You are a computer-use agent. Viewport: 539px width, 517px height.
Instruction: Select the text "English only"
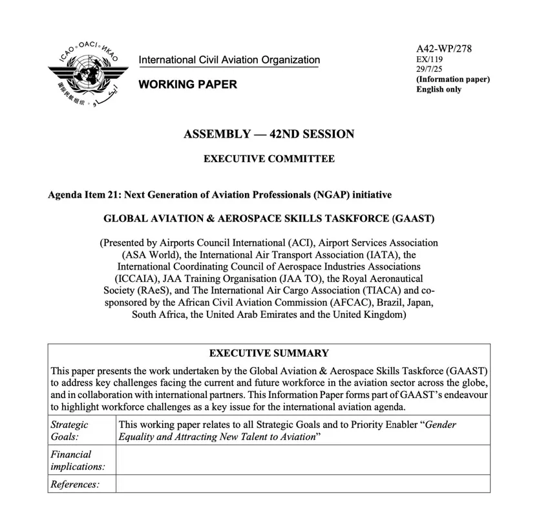[x=439, y=89]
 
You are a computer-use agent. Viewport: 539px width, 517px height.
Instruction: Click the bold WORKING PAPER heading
[x=188, y=85]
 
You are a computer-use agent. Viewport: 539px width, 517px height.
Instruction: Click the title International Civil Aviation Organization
[x=229, y=60]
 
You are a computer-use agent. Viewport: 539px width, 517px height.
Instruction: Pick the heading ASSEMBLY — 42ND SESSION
[x=269, y=134]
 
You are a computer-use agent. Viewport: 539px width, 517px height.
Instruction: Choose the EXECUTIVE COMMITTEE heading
[x=269, y=159]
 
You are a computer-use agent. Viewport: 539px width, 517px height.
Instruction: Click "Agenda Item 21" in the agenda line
[x=84, y=195]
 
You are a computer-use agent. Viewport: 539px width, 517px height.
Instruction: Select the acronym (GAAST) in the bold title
[x=413, y=218]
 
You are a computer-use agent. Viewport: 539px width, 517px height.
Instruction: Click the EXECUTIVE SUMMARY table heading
[x=269, y=353]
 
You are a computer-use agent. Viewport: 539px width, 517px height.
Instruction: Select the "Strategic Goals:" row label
[x=69, y=430]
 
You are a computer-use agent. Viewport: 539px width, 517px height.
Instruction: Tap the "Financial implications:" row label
[x=78, y=460]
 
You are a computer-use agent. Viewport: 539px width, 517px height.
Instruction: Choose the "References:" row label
[x=74, y=484]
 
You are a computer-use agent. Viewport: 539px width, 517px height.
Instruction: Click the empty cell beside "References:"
[x=302, y=484]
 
